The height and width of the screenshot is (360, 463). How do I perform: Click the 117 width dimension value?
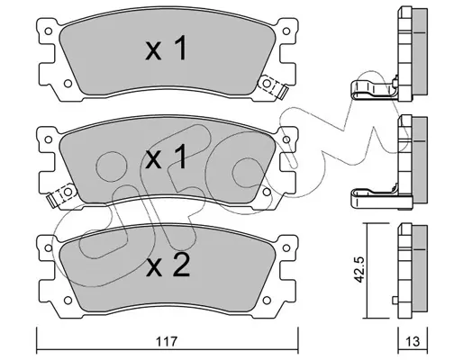(167, 342)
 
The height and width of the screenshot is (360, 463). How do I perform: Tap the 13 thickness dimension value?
(413, 342)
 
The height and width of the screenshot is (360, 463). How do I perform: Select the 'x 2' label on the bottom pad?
(168, 265)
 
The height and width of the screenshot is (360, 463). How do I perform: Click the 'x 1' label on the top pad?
(166, 49)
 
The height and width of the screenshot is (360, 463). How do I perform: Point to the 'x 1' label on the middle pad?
(166, 157)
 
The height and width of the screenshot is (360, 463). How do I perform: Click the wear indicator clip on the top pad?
(273, 85)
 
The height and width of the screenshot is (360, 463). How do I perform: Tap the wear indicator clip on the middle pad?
(61, 194)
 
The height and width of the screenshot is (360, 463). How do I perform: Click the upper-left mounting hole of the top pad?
(48, 31)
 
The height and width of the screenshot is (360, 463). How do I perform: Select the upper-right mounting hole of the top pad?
(286, 31)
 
